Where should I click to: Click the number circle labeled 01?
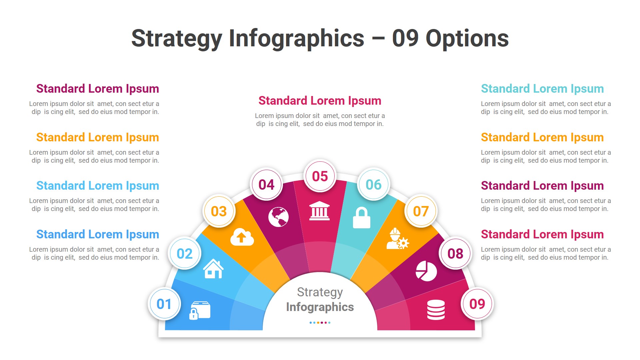164,304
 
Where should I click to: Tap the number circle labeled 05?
320,176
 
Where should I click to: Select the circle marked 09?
477,304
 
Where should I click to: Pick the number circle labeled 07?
421,211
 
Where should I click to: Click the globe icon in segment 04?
278,217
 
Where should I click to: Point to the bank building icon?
319,211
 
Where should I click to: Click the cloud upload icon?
242,237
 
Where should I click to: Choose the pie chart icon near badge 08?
426,271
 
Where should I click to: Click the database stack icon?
436,310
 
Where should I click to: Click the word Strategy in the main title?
177,39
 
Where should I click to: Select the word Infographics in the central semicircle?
320,307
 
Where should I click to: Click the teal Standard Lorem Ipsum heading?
542,89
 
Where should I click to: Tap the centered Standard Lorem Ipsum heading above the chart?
320,101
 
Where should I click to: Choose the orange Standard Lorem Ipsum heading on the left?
97,137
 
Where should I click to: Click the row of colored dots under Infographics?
320,323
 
